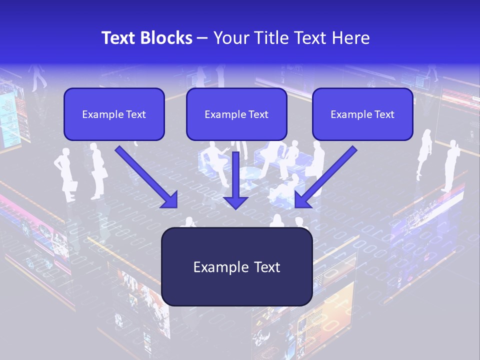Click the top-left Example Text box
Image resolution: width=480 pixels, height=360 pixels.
point(114,114)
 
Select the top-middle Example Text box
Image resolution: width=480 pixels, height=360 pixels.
point(236,114)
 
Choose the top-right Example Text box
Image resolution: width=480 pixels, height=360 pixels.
point(362,114)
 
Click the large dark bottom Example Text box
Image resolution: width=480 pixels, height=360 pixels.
point(236,267)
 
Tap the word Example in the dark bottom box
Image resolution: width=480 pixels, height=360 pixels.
point(214,267)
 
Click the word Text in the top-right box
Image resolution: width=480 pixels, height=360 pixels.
point(384,114)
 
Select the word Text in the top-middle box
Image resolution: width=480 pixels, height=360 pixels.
point(258,114)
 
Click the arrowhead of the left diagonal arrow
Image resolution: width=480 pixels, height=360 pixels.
point(170,200)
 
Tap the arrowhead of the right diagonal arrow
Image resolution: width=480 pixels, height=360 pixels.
point(302,200)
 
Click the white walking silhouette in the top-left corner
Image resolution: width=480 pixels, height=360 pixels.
point(38,77)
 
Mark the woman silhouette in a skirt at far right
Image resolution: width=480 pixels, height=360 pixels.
point(425,152)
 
